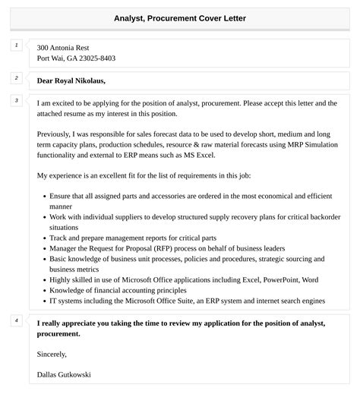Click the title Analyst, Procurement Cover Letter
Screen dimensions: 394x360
click(x=180, y=17)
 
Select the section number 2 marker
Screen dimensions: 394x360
click(x=16, y=78)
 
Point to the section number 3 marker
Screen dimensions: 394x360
click(x=16, y=101)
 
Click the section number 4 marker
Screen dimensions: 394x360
click(x=16, y=321)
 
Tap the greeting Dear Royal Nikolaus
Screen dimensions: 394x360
click(x=71, y=80)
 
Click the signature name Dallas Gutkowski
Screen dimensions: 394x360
click(x=65, y=374)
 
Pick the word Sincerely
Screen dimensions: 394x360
click(x=52, y=354)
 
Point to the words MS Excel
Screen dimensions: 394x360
click(x=201, y=154)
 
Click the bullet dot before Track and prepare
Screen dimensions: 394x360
click(x=42, y=238)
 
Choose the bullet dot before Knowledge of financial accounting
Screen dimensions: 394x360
click(x=42, y=290)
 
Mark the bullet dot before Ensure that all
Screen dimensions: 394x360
click(x=42, y=196)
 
